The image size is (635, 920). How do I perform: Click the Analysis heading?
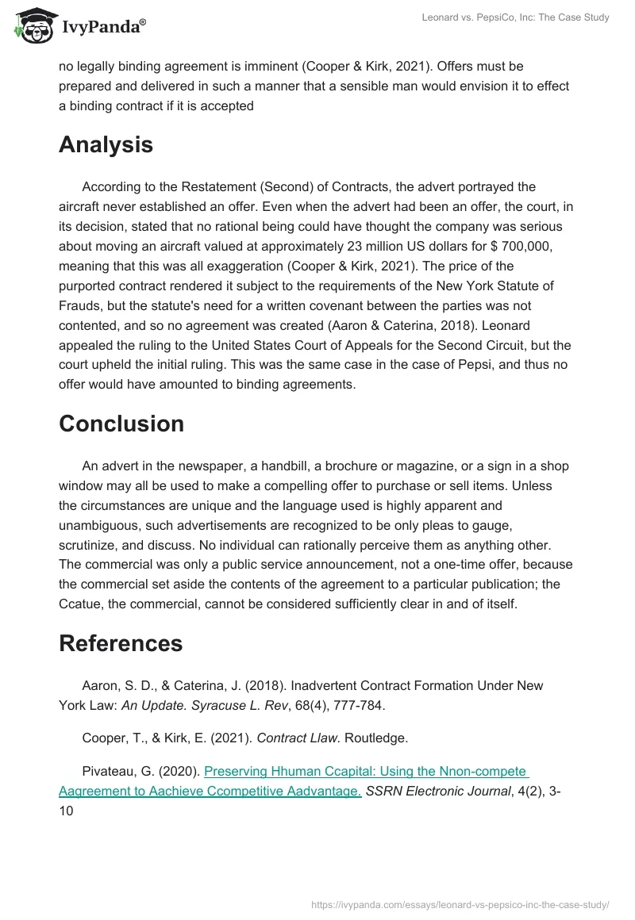pyautogui.click(x=106, y=145)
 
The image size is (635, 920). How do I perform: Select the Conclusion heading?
pyautogui.click(x=121, y=424)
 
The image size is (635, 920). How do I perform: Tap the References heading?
pyautogui.click(x=121, y=643)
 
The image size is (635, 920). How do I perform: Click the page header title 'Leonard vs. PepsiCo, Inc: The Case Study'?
pyautogui.click(x=515, y=17)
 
